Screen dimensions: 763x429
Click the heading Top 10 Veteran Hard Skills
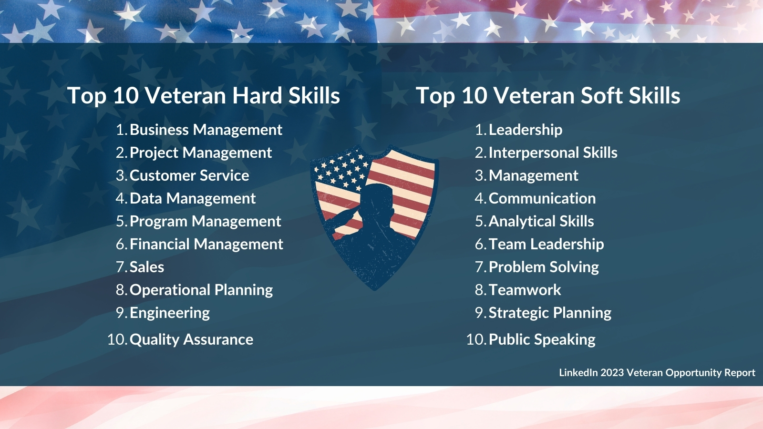[204, 95]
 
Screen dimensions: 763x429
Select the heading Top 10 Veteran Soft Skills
[548, 95]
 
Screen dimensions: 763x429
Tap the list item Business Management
[206, 130]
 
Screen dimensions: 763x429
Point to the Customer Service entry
[189, 176]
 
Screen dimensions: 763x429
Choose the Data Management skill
[193, 198]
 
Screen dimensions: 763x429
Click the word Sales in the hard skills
[147, 267]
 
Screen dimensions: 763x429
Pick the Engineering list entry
[170, 313]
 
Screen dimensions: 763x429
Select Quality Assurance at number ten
[191, 340]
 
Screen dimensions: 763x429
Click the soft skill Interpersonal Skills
[553, 153]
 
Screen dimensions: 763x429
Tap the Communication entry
[542, 198]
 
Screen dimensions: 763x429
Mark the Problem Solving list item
[544, 267]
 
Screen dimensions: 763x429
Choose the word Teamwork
[525, 290]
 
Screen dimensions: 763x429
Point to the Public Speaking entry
[542, 340]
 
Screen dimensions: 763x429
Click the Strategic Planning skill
[550, 313]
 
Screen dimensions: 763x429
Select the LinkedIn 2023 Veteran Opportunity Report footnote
[657, 373]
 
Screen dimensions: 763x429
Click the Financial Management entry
[206, 244]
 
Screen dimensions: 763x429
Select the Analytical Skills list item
[541, 222]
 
